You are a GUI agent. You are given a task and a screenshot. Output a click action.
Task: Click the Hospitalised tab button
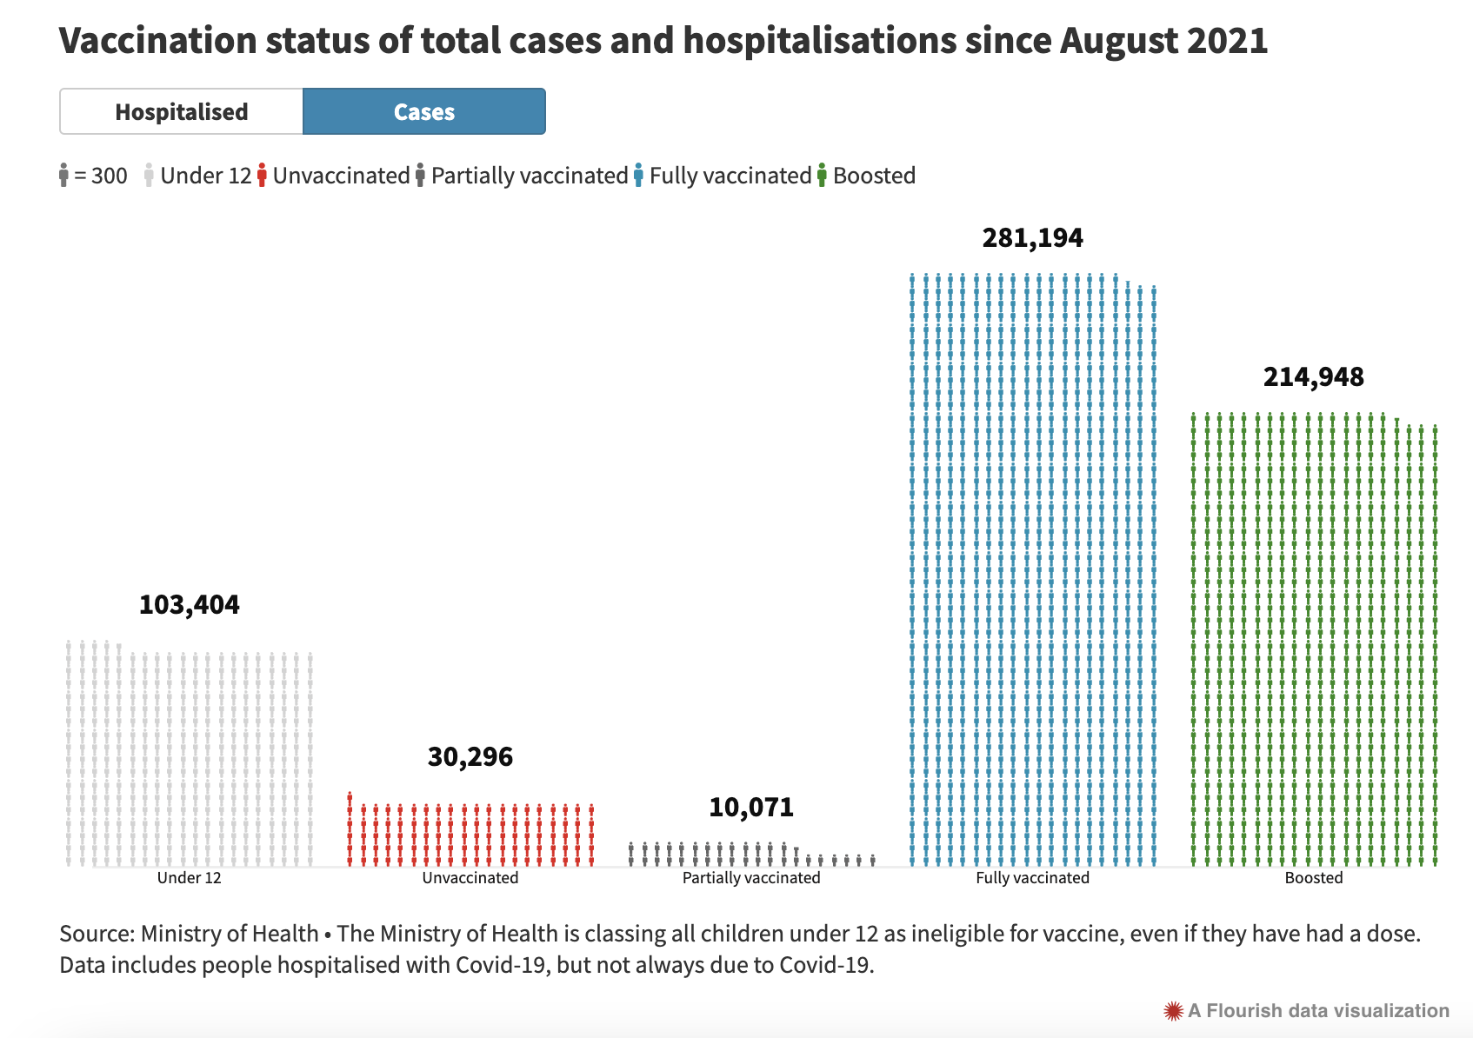(x=182, y=112)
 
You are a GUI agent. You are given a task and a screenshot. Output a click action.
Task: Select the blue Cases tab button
(x=424, y=112)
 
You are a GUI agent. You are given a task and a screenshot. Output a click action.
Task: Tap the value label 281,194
(x=1032, y=238)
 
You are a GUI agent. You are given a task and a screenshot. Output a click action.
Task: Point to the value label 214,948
(x=1313, y=377)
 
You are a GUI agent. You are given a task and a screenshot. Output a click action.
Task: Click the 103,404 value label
(x=189, y=605)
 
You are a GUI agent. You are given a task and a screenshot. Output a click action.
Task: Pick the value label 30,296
(x=470, y=757)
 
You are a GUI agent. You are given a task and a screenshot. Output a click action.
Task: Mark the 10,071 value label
(x=751, y=808)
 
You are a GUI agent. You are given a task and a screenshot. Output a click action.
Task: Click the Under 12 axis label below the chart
(x=189, y=878)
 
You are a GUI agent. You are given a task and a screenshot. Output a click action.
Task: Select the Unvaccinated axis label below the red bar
(x=470, y=878)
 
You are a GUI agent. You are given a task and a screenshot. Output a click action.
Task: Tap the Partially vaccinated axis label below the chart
(x=751, y=878)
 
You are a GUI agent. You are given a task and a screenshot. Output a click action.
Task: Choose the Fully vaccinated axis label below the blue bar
(x=1032, y=878)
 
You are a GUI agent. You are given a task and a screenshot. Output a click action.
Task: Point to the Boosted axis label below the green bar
(x=1313, y=878)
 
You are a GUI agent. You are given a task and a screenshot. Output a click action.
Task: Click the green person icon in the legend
(x=822, y=176)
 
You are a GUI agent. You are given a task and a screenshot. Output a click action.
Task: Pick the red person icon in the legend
(x=262, y=176)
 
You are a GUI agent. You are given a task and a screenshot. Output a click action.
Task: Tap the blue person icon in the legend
(x=639, y=176)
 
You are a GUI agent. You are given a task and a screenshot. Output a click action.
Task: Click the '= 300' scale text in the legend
(x=101, y=176)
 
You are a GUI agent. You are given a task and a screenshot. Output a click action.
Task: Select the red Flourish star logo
(x=1173, y=1011)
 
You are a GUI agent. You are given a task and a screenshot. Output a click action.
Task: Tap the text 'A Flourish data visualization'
(x=1318, y=1011)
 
